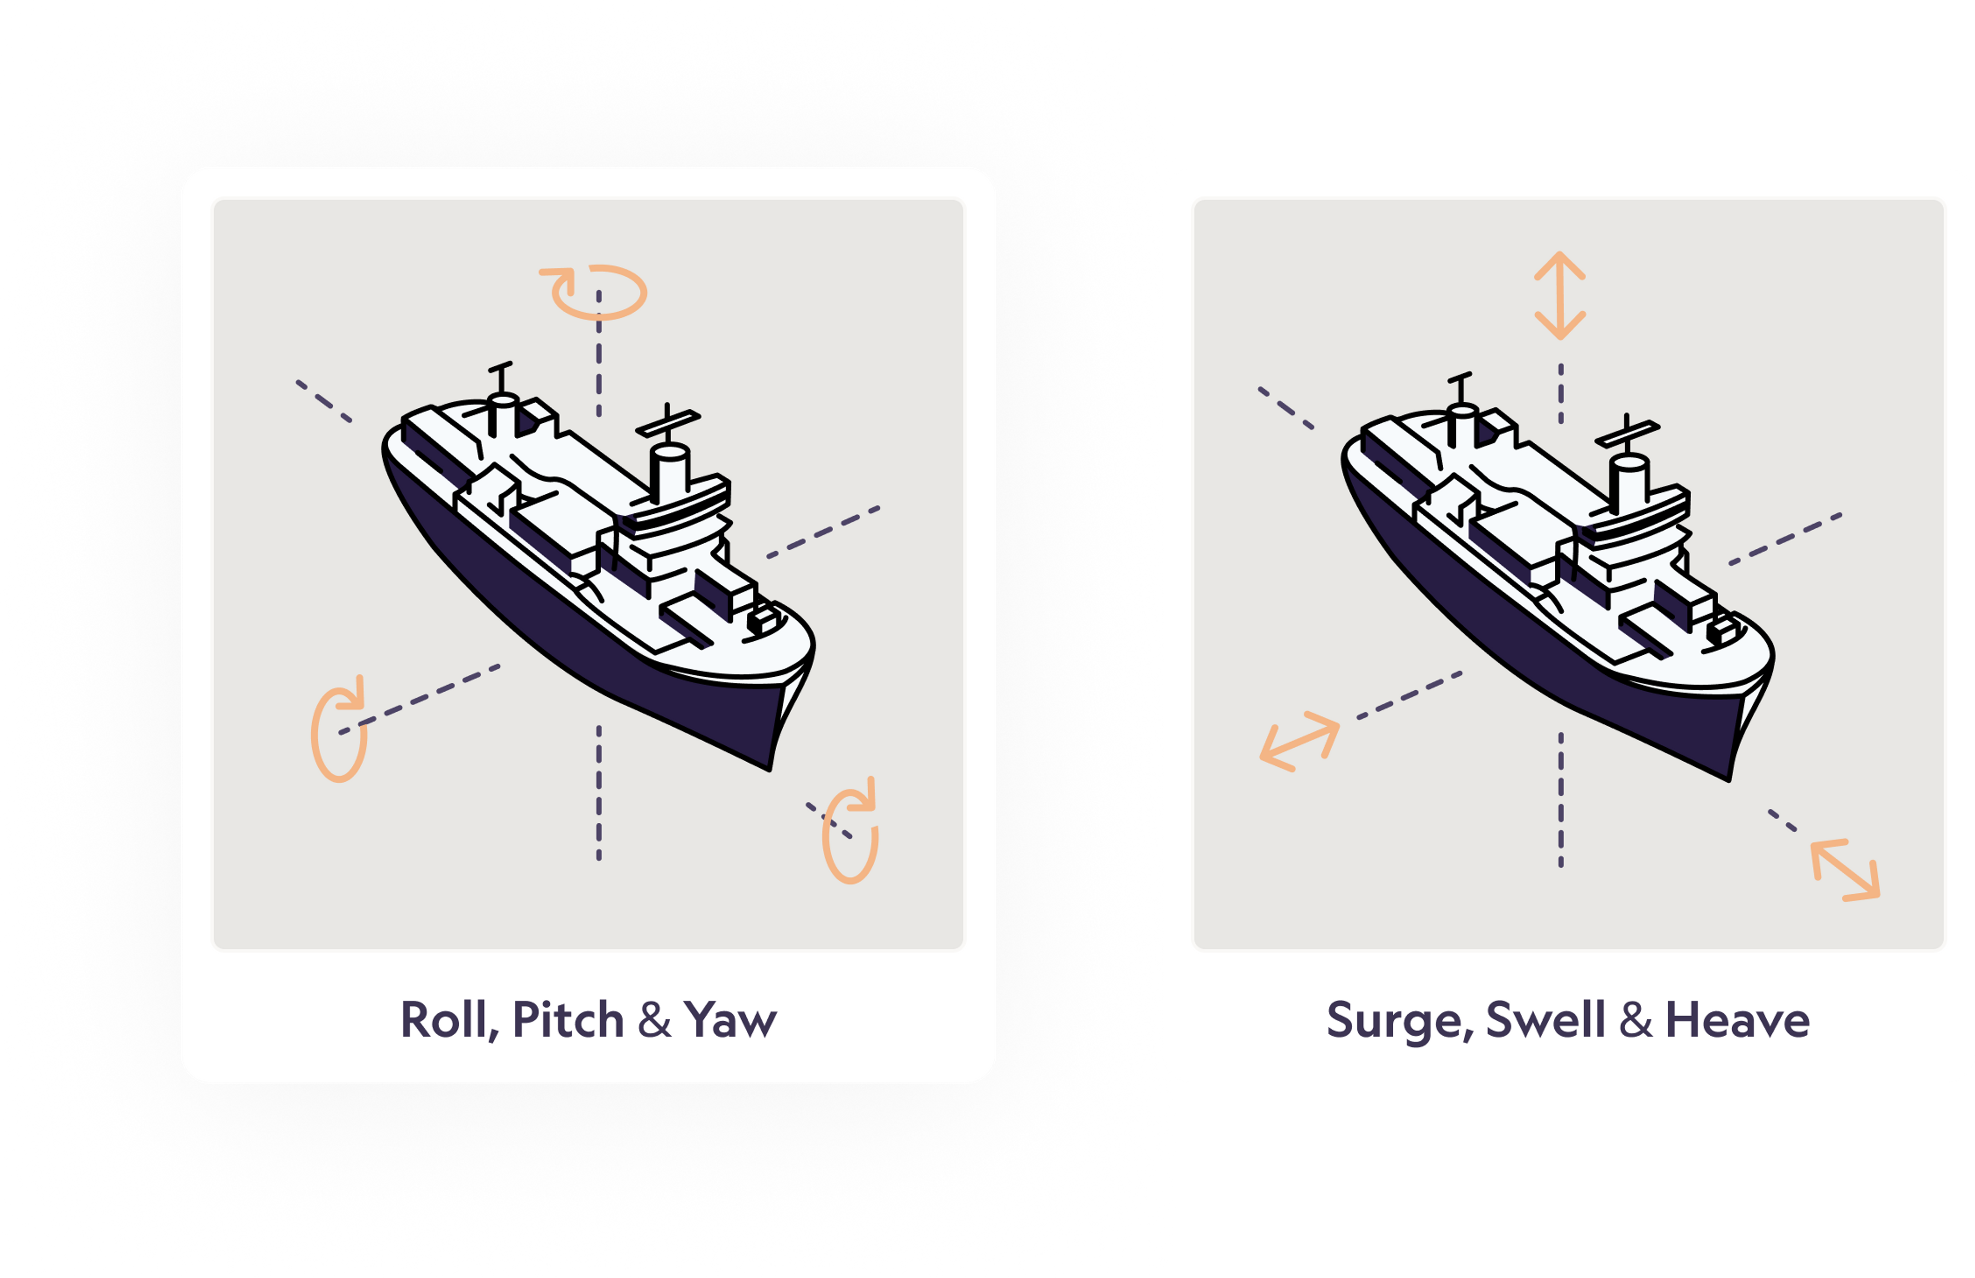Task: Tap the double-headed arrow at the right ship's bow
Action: [x=1845, y=870]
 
